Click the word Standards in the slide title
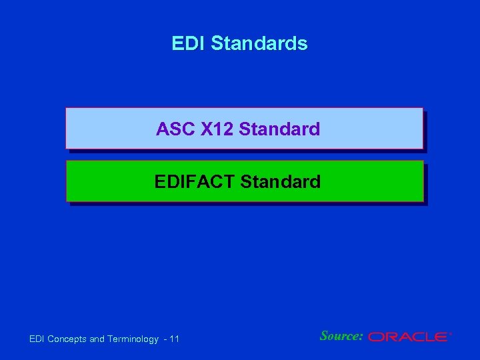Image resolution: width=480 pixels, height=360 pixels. click(x=259, y=43)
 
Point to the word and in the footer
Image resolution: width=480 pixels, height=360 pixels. click(x=97, y=339)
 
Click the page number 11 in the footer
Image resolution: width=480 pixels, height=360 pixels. click(x=175, y=339)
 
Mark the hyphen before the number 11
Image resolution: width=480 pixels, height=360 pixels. click(x=165, y=339)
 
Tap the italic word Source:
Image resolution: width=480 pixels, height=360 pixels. click(x=341, y=336)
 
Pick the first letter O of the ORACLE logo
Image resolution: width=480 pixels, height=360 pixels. click(x=376, y=337)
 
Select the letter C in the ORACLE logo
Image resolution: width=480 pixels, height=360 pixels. click(x=415, y=337)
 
